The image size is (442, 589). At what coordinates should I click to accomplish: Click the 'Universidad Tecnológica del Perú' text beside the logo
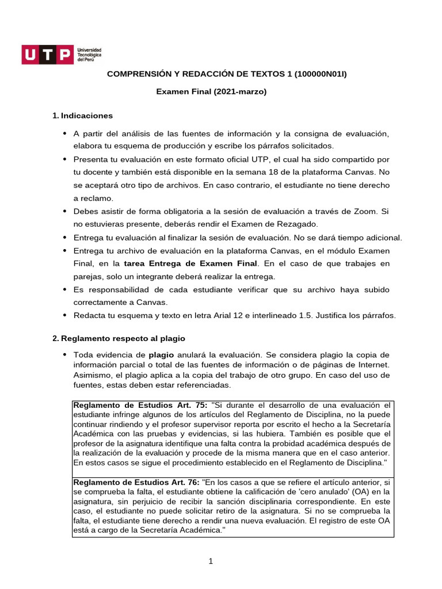pos(89,55)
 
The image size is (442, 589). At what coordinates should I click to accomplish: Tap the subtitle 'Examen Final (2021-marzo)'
pos(212,91)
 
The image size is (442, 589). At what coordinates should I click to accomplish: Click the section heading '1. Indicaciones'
pos(82,116)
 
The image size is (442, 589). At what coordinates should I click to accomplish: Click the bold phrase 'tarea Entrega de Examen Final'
pos(191,263)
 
